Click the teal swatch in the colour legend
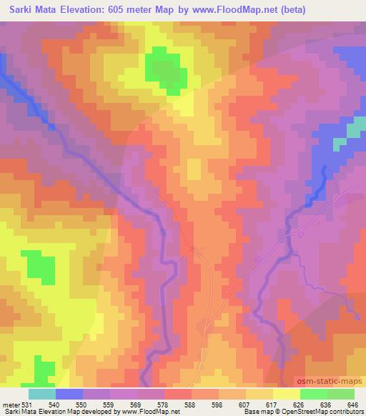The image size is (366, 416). [x=42, y=394]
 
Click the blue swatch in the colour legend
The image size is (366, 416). [x=69, y=394]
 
